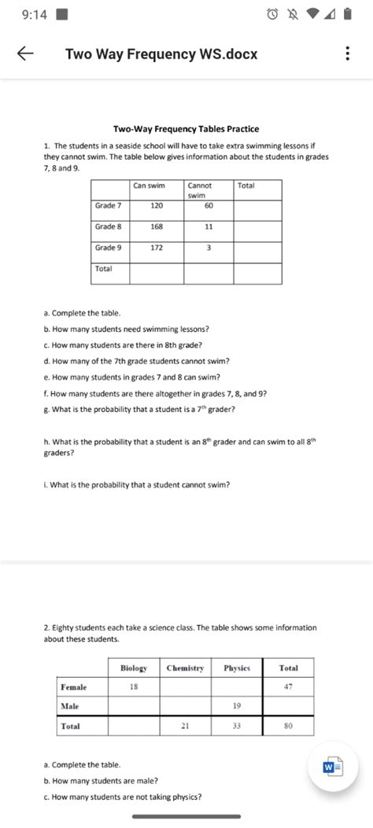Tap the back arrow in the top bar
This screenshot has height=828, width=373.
pyautogui.click(x=25, y=54)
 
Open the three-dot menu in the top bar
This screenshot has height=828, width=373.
pyautogui.click(x=347, y=54)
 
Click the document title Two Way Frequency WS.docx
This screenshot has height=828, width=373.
pyautogui.click(x=161, y=54)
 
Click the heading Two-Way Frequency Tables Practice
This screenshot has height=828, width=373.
pyautogui.click(x=186, y=129)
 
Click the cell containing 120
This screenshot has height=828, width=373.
pyautogui.click(x=156, y=205)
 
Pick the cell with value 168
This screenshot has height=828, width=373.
pyautogui.click(x=156, y=226)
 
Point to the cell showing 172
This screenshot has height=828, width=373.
pyautogui.click(x=156, y=248)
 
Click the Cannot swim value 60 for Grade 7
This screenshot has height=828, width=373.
pyautogui.click(x=209, y=205)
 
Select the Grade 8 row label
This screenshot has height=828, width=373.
pyautogui.click(x=109, y=226)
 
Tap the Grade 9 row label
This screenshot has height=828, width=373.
pyautogui.click(x=109, y=248)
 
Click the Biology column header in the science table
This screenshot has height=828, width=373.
pyautogui.click(x=134, y=668)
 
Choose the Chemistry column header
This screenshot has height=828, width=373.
pyautogui.click(x=185, y=668)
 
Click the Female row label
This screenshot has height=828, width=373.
pyautogui.click(x=74, y=687)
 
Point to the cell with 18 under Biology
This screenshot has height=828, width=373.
pyautogui.click(x=134, y=687)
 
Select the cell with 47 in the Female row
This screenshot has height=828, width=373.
pyautogui.click(x=288, y=687)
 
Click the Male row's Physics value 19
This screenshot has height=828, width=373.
pyautogui.click(x=237, y=706)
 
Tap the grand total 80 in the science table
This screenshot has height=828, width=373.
pyautogui.click(x=288, y=727)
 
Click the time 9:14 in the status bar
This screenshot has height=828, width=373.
pyautogui.click(x=24, y=13)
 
